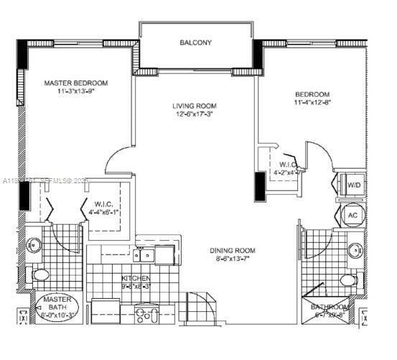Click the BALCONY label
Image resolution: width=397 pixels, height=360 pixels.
tap(195, 43)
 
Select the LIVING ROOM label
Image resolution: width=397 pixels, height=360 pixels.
tap(194, 106)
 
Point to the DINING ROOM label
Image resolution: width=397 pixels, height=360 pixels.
tap(232, 251)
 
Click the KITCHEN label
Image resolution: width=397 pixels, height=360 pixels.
tap(135, 277)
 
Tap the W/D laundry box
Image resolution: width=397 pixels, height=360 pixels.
tap(354, 185)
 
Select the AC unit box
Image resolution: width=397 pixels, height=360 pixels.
tap(352, 216)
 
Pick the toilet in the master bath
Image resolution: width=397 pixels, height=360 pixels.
tap(39, 274)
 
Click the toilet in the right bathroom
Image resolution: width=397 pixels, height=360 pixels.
tap(347, 280)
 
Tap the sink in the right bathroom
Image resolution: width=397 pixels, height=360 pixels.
tap(355, 251)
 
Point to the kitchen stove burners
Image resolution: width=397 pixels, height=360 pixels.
tap(145, 313)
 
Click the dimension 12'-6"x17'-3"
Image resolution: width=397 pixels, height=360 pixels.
tap(194, 114)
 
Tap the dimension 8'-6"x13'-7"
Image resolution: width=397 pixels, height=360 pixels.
tap(232, 259)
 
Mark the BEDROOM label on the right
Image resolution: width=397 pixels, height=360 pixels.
tap(312, 95)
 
